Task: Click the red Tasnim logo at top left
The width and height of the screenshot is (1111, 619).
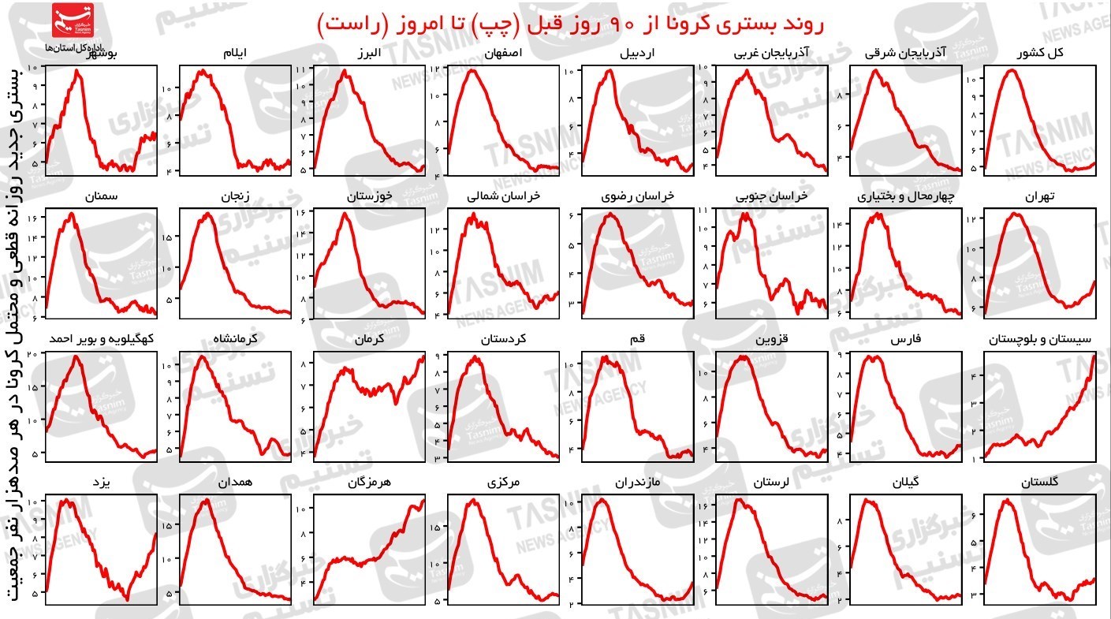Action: click(x=72, y=21)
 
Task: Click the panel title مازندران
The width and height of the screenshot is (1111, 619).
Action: click(x=638, y=481)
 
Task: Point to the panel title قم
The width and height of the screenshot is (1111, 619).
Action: click(x=638, y=339)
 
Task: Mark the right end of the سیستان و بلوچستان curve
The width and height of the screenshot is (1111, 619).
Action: click(x=1094, y=356)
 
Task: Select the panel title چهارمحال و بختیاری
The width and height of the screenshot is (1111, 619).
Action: click(x=905, y=196)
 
